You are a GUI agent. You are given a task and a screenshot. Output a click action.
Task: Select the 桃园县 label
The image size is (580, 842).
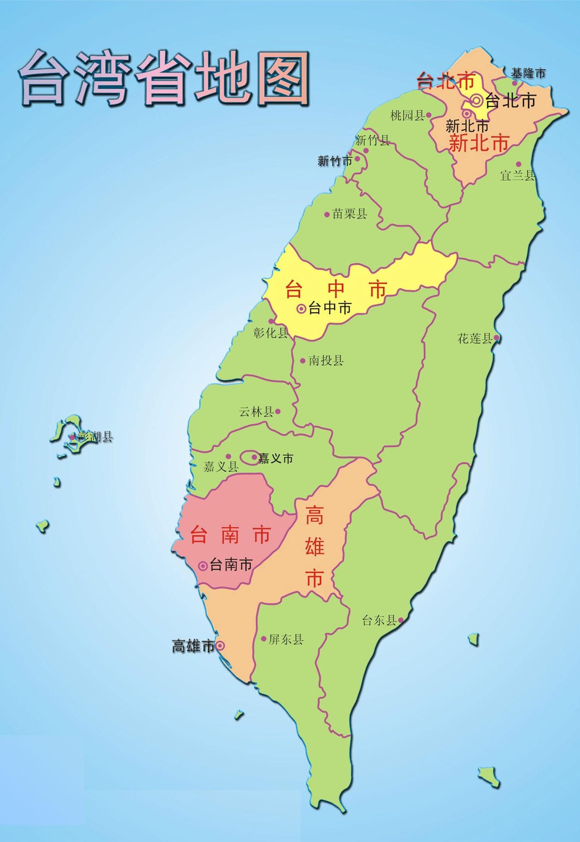pyautogui.click(x=407, y=116)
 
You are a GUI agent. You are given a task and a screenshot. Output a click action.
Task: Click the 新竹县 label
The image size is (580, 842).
pyautogui.click(x=372, y=140)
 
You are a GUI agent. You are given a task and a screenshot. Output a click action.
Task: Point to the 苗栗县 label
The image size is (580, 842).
pyautogui.click(x=350, y=214)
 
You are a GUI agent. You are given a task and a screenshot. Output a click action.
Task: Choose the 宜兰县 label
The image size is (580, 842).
pyautogui.click(x=517, y=175)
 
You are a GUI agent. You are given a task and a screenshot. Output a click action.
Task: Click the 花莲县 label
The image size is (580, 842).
pyautogui.click(x=475, y=338)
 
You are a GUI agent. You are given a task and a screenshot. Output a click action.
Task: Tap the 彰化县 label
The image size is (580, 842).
pyautogui.click(x=271, y=334)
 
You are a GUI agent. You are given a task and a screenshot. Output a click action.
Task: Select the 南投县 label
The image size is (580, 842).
pyautogui.click(x=326, y=361)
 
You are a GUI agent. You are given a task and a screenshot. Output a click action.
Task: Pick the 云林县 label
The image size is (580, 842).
pyautogui.click(x=256, y=412)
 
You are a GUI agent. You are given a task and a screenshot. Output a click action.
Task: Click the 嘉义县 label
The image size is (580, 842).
pyautogui.click(x=221, y=467)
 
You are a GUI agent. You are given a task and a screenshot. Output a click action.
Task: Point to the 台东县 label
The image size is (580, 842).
pyautogui.click(x=379, y=620)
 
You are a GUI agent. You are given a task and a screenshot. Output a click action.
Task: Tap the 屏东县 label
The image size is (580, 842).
pyautogui.click(x=286, y=639)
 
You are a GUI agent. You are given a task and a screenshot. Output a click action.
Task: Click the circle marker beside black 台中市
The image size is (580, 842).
pyautogui.click(x=301, y=309)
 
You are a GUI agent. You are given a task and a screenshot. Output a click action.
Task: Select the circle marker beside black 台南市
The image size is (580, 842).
pyautogui.click(x=203, y=566)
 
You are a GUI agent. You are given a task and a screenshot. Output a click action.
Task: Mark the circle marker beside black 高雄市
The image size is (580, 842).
pyautogui.click(x=219, y=645)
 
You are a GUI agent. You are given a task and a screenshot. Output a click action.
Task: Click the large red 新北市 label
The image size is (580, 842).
pyautogui.click(x=478, y=144)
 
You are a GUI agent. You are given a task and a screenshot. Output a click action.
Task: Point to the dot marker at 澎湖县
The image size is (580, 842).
pyautogui.click(x=72, y=437)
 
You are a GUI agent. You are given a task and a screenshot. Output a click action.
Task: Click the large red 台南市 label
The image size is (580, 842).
pyautogui.click(x=230, y=535)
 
